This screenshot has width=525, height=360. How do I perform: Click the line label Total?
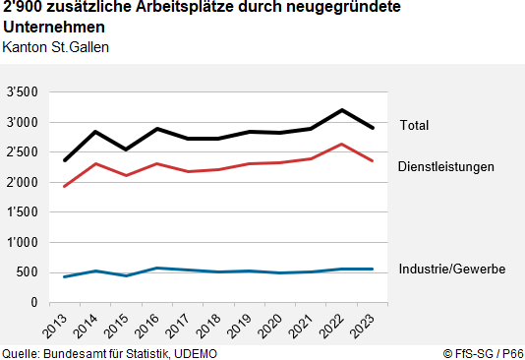(414, 125)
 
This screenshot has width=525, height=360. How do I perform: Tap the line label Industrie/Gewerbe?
(451, 269)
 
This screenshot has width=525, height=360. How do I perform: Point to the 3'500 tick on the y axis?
(23, 92)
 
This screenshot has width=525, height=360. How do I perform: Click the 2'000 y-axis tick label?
(23, 182)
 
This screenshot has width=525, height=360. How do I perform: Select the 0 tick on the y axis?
(34, 302)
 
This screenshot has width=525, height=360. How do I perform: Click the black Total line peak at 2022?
(340, 110)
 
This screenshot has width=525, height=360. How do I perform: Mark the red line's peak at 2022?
(340, 145)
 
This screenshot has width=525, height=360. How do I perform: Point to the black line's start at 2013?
(65, 160)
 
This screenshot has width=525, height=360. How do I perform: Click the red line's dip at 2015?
(126, 175)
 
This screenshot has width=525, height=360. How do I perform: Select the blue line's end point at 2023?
(371, 269)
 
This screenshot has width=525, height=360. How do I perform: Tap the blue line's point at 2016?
(156, 268)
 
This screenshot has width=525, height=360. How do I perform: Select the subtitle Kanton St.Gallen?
(56, 46)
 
